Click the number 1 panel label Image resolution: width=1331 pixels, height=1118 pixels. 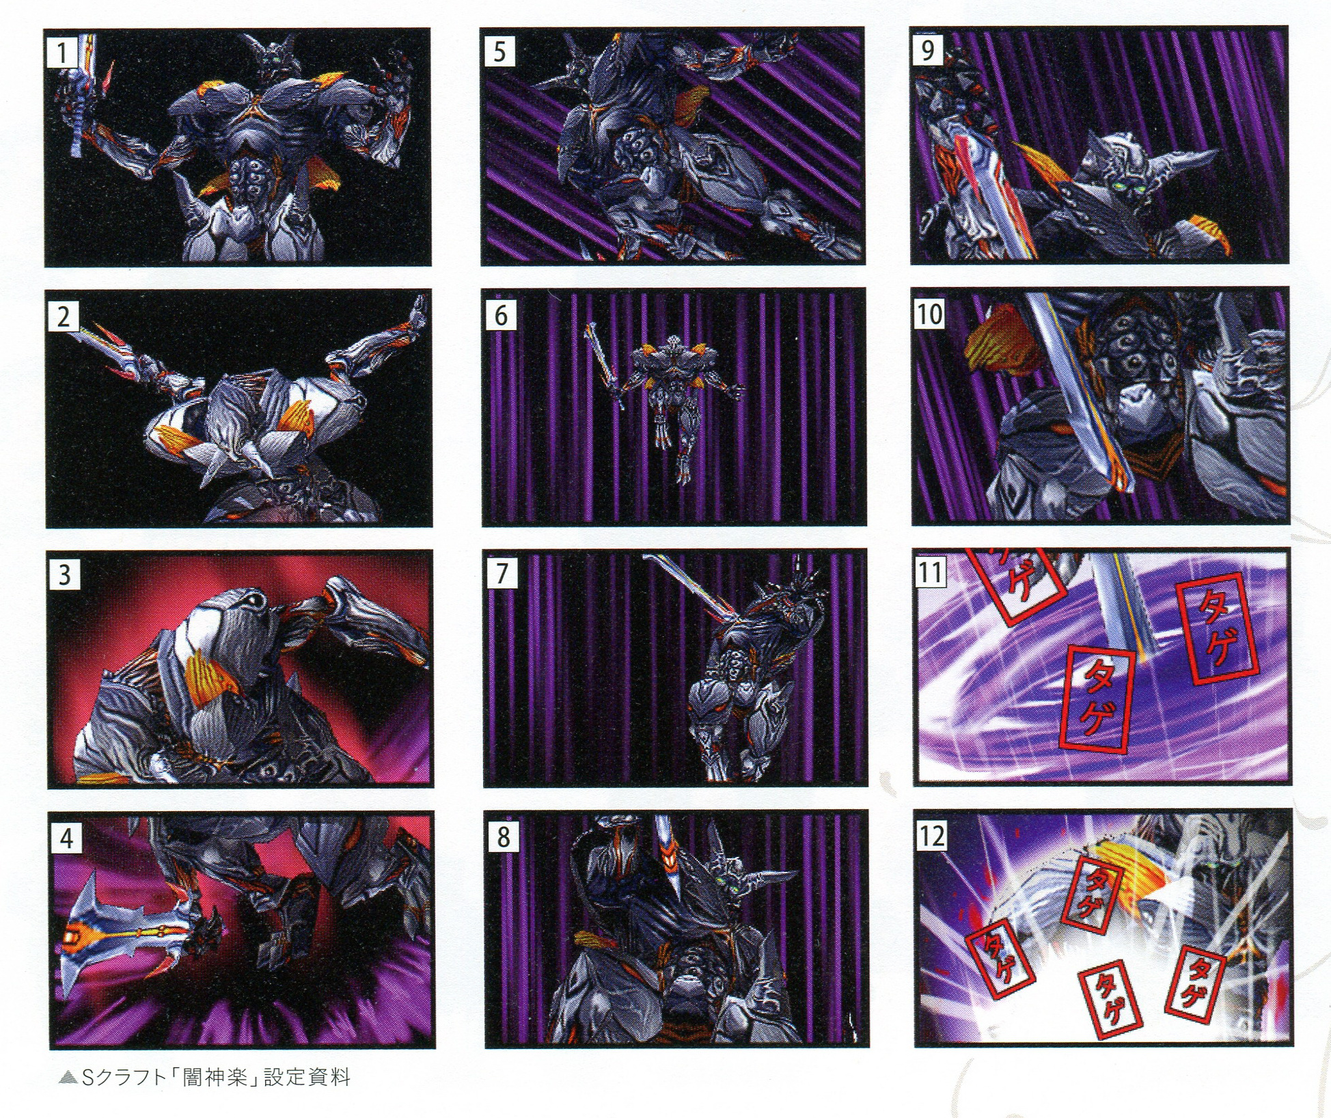[x=61, y=53]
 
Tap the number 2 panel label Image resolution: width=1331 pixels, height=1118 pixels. [x=63, y=316]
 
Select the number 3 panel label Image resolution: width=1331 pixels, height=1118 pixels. [x=64, y=574]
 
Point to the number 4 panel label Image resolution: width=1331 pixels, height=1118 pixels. [x=66, y=837]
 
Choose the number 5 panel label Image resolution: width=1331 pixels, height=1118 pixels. [x=499, y=51]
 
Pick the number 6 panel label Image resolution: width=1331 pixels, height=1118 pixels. [x=500, y=314]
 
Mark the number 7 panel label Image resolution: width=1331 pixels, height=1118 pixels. [x=502, y=573]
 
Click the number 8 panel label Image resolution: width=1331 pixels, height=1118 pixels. [x=503, y=836]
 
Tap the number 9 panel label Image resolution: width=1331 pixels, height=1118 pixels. [x=928, y=49]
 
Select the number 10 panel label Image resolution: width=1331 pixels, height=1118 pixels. [x=929, y=314]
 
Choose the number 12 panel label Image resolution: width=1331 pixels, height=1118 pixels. [x=932, y=835]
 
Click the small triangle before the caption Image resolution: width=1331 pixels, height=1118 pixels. [x=68, y=1078]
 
